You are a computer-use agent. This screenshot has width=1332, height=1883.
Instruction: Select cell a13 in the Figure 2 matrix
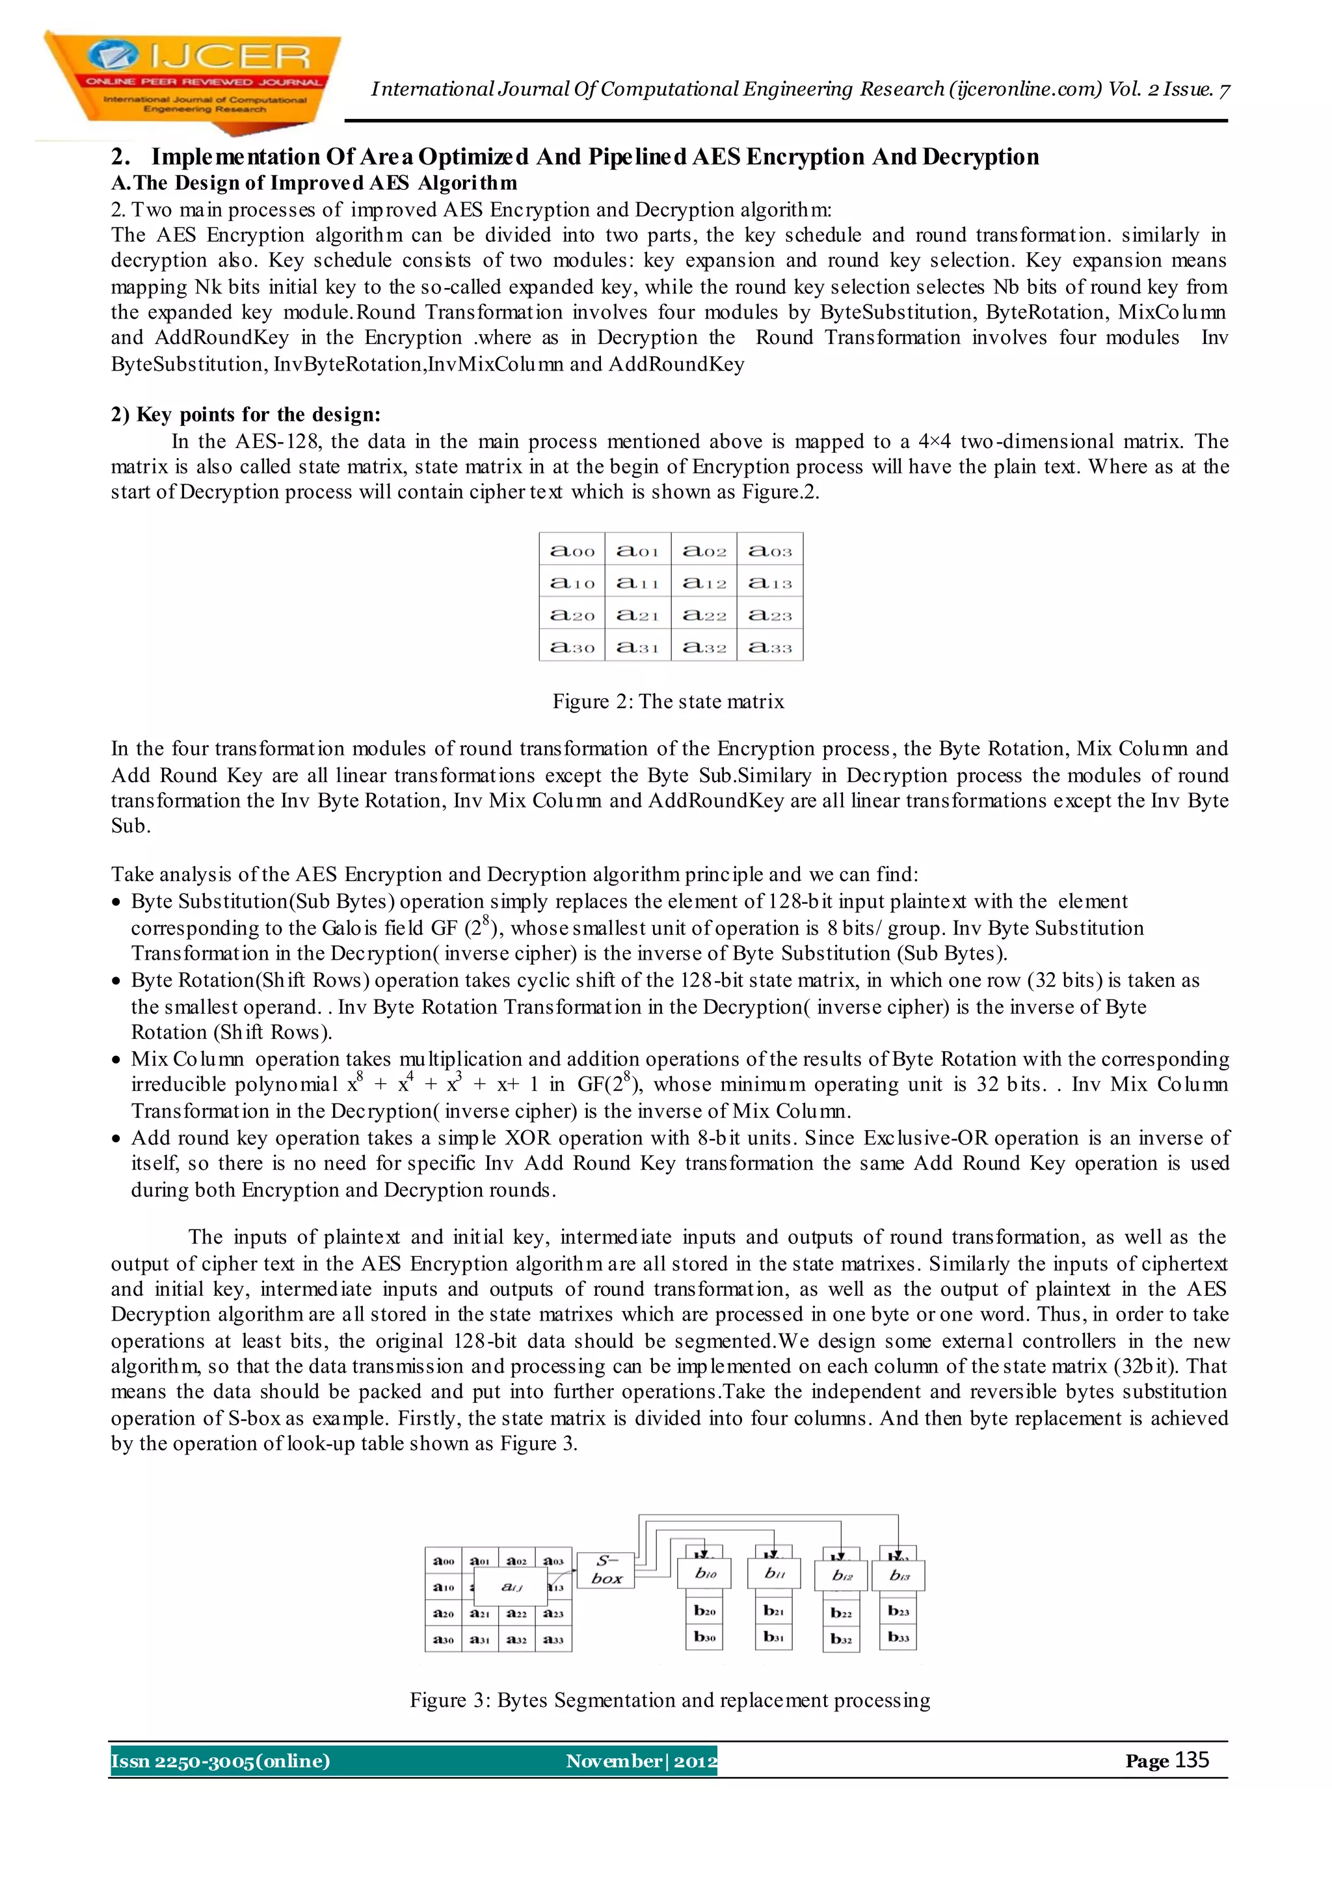coord(770,583)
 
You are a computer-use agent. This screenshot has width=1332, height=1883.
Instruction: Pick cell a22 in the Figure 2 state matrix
coord(704,615)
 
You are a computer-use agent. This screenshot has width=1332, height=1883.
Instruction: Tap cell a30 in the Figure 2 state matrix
coord(572,647)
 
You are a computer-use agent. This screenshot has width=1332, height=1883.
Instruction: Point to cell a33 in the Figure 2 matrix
coord(770,647)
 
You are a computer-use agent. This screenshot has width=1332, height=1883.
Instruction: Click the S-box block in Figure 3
coord(606,1570)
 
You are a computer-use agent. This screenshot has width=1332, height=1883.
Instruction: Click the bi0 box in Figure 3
coord(706,1573)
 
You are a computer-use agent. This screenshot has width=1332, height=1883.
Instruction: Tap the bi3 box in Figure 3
coord(901,1575)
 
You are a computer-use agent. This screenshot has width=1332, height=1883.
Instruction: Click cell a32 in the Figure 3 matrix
coord(516,1639)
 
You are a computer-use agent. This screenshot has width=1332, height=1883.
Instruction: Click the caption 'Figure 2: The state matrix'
coord(668,701)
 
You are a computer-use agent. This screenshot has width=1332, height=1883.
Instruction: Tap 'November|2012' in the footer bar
coord(641,1761)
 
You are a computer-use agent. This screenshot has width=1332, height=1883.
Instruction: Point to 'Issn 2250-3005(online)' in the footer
coord(220,1761)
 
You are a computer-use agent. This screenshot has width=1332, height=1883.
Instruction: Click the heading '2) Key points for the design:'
coord(246,414)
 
